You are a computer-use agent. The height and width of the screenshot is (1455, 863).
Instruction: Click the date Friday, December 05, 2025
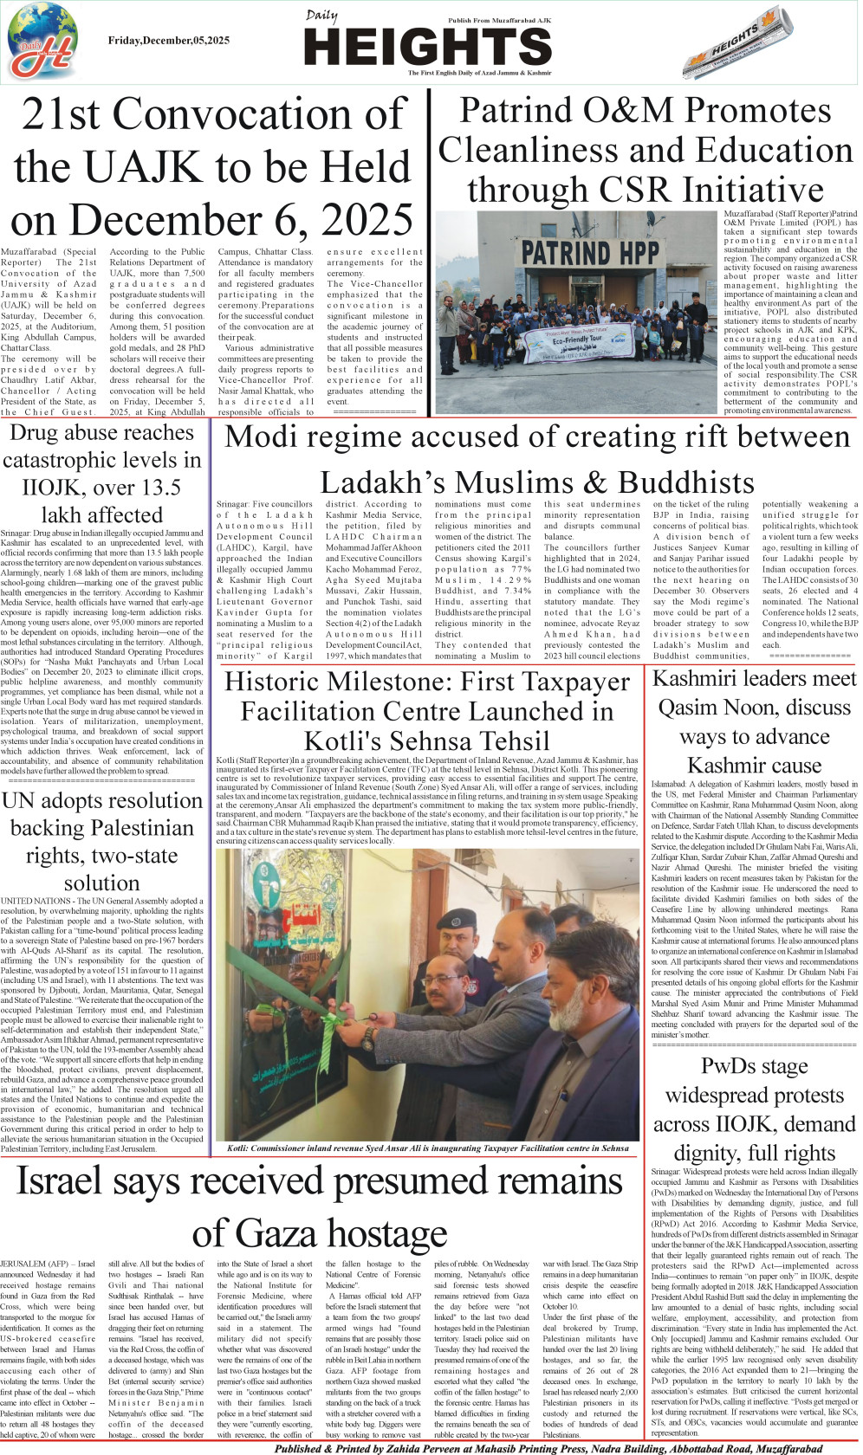tap(169, 41)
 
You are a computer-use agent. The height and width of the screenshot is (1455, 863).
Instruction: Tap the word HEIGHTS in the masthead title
tap(428, 47)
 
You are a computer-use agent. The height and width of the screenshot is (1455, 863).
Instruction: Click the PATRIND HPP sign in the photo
tap(591, 253)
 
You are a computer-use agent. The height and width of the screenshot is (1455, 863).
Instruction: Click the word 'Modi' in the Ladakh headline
tap(259, 436)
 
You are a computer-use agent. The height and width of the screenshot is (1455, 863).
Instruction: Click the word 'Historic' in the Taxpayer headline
tap(287, 682)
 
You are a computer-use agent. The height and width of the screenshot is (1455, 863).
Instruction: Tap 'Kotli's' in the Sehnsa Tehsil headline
tap(346, 741)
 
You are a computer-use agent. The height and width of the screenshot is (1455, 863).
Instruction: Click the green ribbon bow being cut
tap(330, 1030)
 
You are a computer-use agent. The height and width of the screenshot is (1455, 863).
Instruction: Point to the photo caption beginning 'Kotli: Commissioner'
tap(427, 1148)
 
